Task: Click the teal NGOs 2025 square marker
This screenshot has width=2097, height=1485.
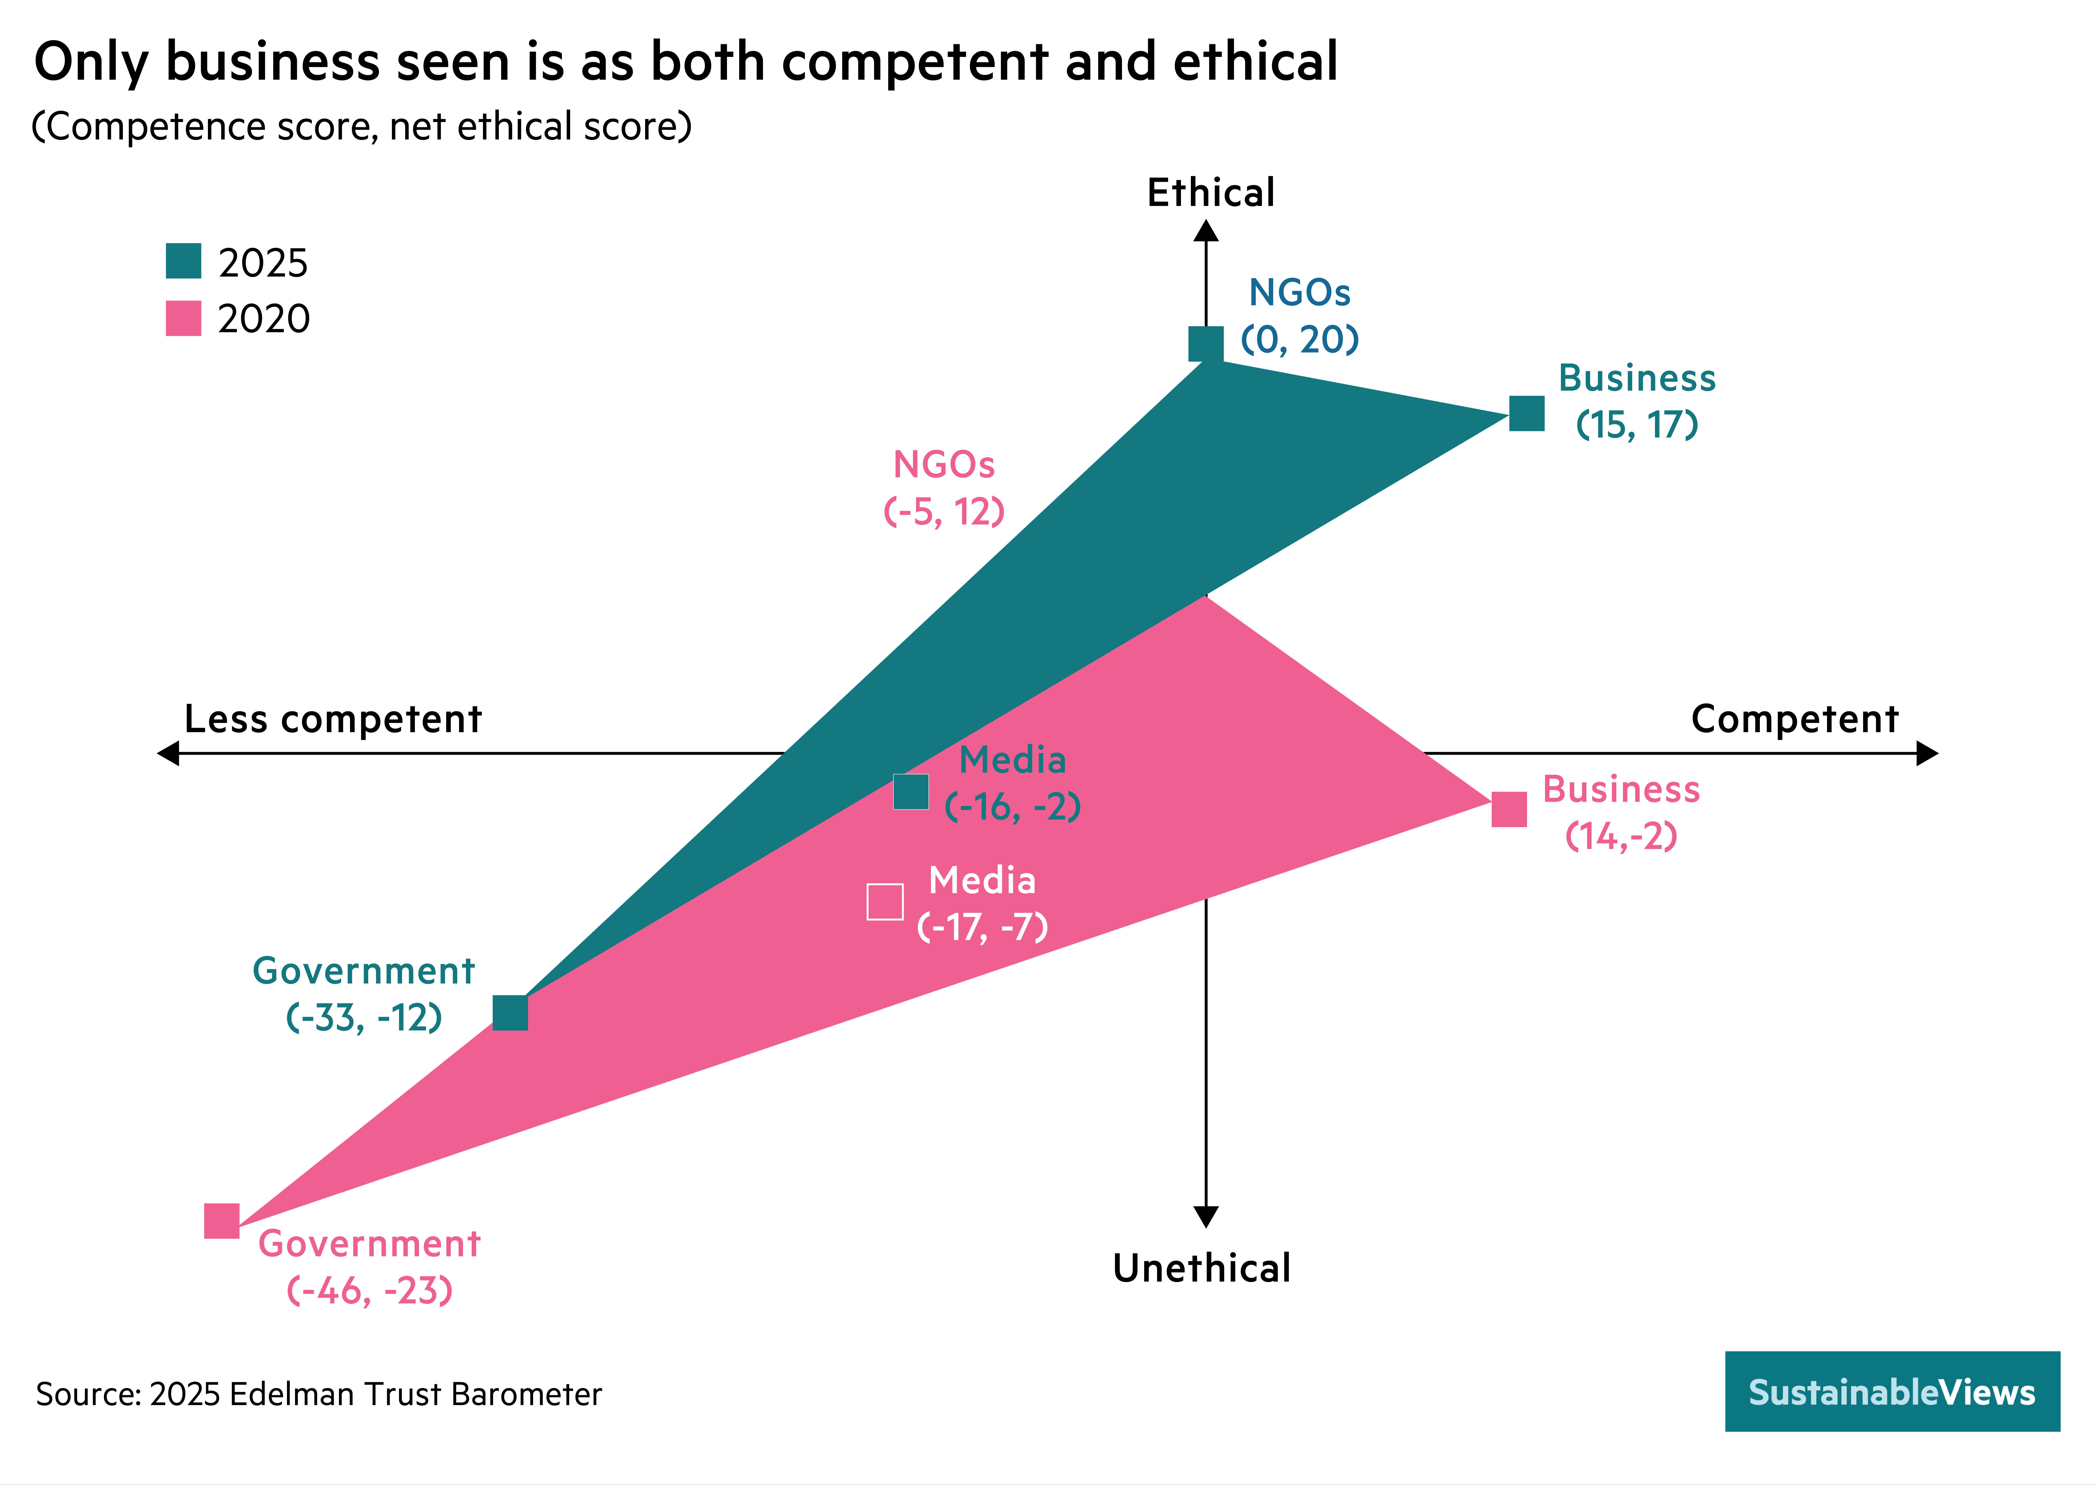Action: coord(1205,344)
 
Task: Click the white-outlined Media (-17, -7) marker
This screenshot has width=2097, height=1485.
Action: coord(884,902)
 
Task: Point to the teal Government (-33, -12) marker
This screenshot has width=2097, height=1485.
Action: coord(510,1013)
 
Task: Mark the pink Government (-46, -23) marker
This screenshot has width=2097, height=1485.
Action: coord(221,1221)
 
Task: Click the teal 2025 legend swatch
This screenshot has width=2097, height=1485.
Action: coord(183,261)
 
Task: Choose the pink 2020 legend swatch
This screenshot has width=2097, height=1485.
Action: coord(183,318)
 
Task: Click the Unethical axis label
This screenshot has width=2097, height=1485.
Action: coord(1201,1268)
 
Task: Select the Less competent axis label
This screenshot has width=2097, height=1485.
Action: coord(333,720)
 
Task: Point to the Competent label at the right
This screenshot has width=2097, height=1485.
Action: coord(1794,720)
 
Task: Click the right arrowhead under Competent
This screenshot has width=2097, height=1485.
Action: coord(1927,753)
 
